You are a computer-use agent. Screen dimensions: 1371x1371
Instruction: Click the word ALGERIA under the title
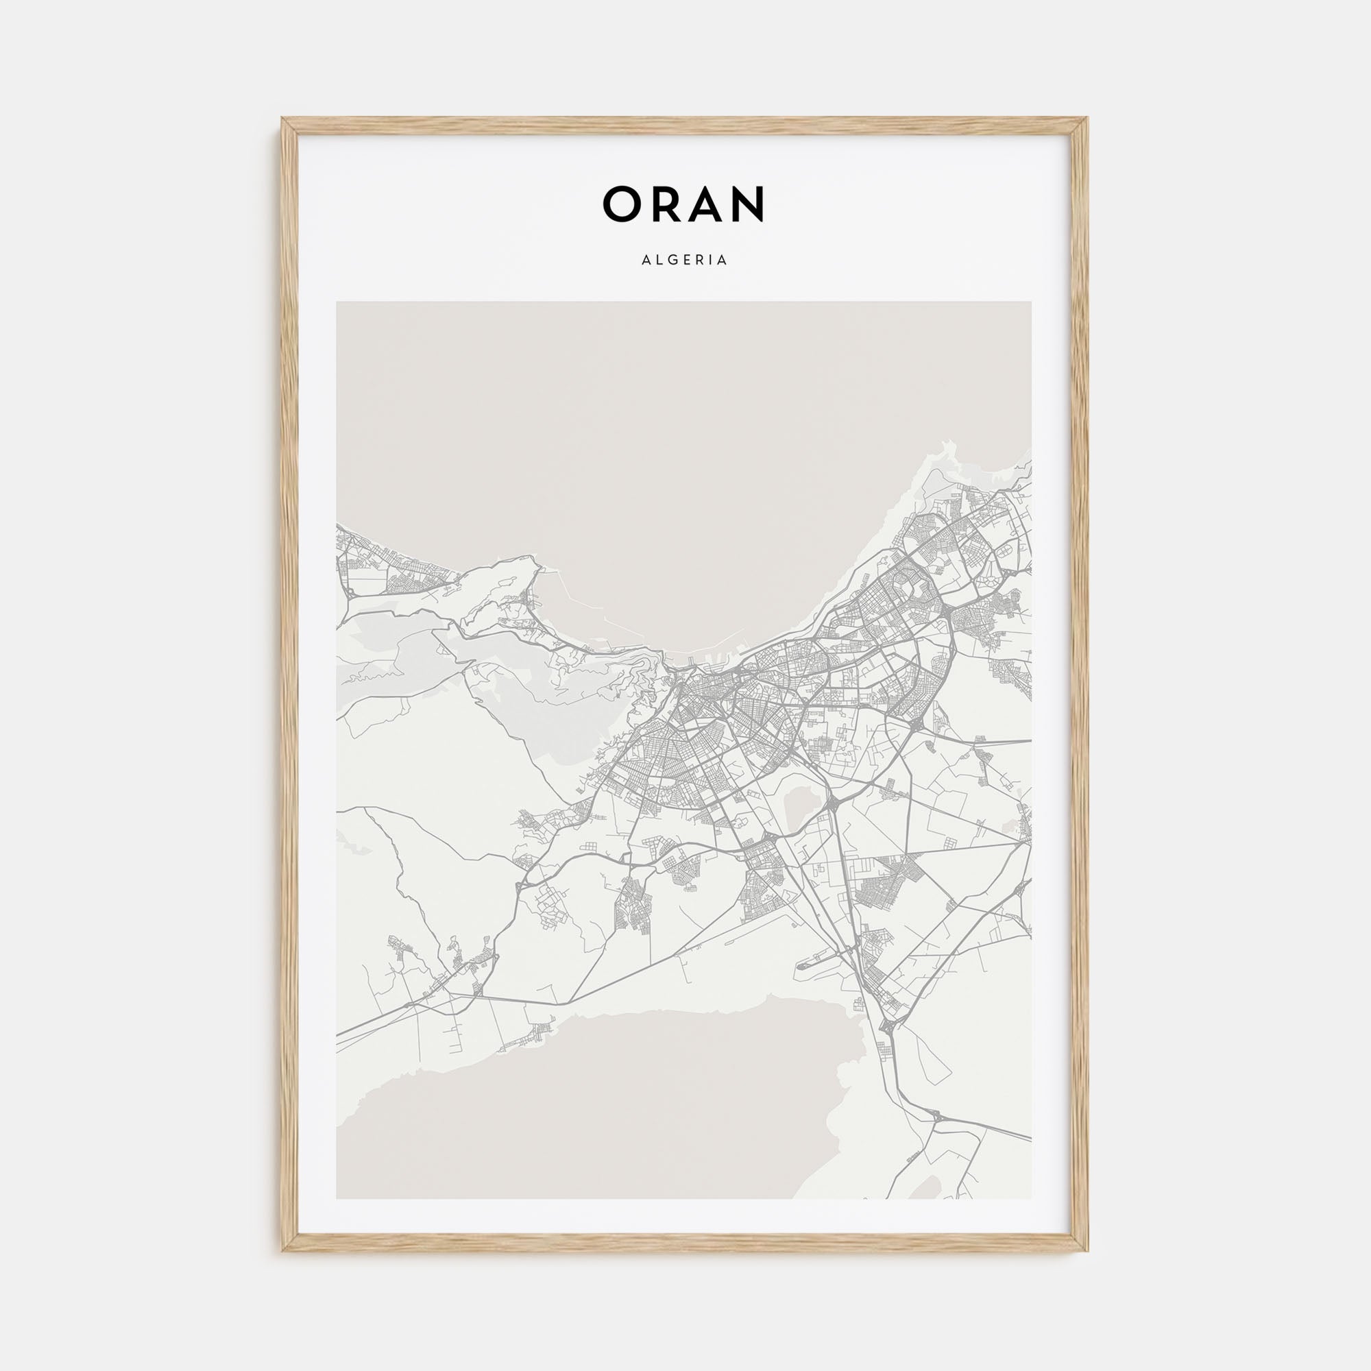pos(685,260)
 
